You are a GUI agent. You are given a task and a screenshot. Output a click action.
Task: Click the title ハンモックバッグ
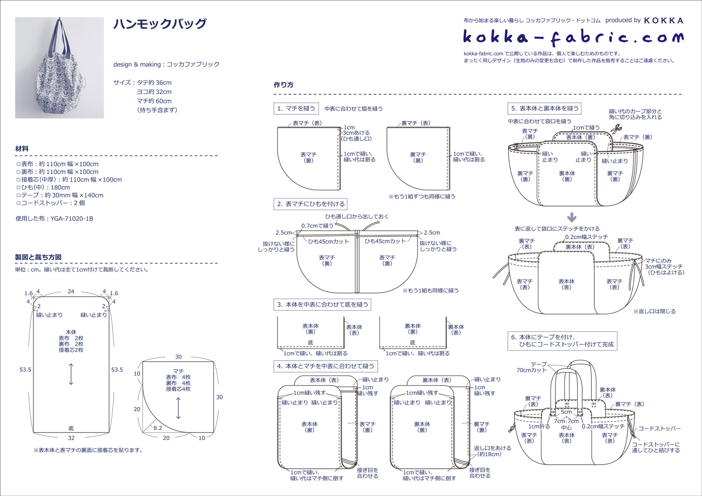point(160,24)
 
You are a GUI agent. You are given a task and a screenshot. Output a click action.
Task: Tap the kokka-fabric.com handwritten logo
point(573,38)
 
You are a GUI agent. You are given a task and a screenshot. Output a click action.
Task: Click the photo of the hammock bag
point(59,68)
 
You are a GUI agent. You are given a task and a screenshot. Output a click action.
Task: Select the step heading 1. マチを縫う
point(296,109)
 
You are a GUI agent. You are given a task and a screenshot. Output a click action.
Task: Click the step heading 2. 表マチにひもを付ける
point(311,204)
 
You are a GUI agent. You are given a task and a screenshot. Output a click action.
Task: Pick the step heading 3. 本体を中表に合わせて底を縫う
point(323,305)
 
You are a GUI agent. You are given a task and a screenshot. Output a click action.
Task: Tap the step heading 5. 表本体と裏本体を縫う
point(545,109)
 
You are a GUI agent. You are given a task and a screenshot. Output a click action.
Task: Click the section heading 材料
point(22,149)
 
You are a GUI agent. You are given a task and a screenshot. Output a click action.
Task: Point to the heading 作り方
point(283,85)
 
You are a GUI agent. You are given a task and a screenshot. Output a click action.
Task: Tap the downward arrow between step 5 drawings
point(572,217)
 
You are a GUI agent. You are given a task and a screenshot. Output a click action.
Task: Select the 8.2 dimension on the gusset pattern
point(158,428)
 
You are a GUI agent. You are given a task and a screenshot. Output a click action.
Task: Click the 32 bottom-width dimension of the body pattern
point(71,438)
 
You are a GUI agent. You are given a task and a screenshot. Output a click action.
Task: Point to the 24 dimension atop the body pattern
point(71,291)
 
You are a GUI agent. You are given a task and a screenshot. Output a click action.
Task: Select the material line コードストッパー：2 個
point(51,203)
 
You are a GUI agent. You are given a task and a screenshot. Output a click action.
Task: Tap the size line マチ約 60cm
point(154,101)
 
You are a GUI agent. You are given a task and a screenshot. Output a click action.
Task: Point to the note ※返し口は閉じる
point(655,312)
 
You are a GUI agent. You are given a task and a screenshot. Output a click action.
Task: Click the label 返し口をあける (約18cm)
point(492,451)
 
